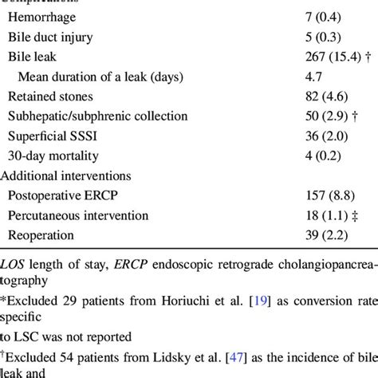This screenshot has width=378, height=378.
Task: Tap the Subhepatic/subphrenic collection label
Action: [x=98, y=116]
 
